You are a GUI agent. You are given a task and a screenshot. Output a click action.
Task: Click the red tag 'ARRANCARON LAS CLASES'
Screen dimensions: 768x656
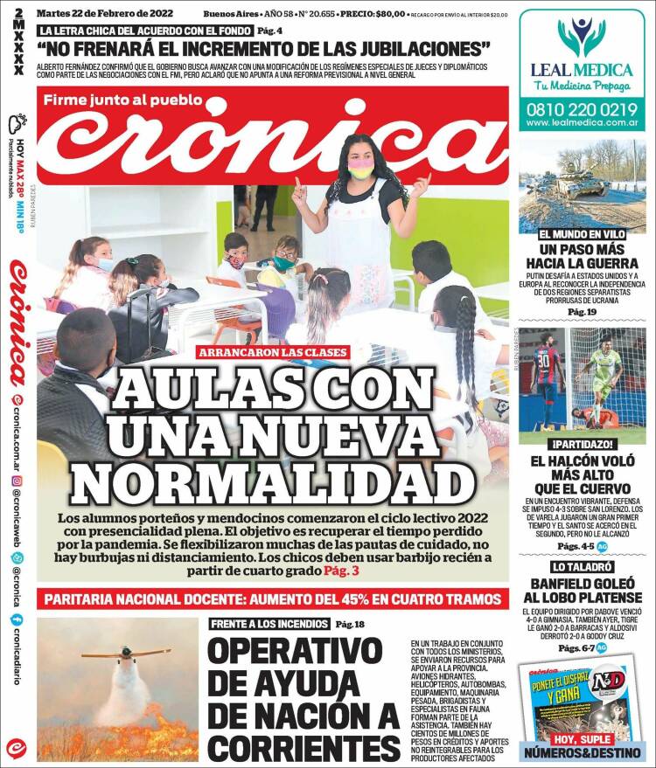pos(273,353)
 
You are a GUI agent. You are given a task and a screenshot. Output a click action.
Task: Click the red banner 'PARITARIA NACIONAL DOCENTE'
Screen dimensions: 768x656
pos(272,599)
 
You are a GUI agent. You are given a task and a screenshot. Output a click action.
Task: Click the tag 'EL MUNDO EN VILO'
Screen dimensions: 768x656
pos(582,234)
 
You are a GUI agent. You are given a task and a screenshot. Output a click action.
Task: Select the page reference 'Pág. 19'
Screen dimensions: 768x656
pos(582,312)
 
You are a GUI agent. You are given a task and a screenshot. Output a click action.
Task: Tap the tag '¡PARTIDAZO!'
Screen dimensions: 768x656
pos(582,443)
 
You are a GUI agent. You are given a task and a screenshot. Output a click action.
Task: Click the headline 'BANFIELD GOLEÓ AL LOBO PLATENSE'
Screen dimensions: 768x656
pos(582,590)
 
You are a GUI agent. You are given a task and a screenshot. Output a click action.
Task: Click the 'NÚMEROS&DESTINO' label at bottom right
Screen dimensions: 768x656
pos(582,752)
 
